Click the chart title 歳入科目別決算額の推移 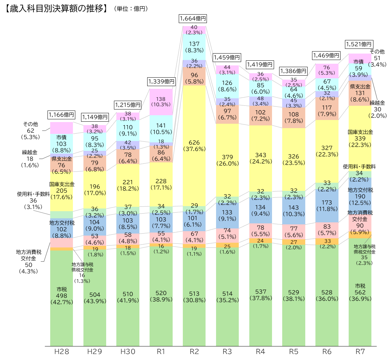[56, 8]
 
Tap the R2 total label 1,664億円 [193, 19]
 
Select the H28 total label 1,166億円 [61, 115]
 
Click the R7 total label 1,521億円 [359, 44]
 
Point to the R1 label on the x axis [161, 352]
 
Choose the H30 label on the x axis [128, 352]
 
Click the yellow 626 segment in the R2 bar [194, 145]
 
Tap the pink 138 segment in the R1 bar [161, 102]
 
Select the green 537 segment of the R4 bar [260, 295]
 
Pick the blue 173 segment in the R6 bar [327, 206]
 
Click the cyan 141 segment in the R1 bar [161, 129]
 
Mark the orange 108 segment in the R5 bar [294, 118]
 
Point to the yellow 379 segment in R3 [227, 160]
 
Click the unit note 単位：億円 [131, 8]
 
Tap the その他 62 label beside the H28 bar [31, 131]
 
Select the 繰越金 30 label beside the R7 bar [378, 109]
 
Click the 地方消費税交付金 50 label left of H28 [28, 262]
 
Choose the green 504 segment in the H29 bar [95, 298]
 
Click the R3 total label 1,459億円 [227, 58]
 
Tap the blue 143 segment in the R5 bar [294, 211]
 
